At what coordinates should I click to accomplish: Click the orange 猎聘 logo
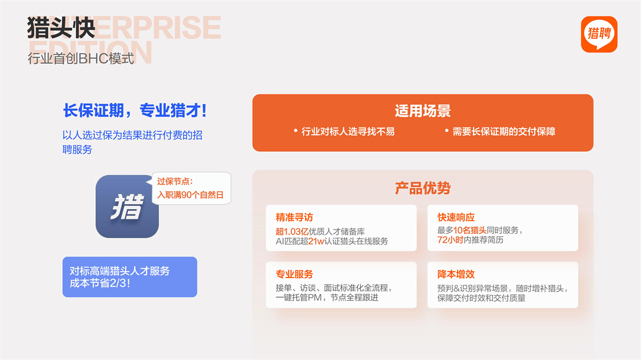tap(599, 34)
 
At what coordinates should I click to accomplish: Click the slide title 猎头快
tap(61, 28)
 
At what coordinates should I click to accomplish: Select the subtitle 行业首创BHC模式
tap(81, 59)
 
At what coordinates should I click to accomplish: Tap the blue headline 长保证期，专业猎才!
tap(135, 111)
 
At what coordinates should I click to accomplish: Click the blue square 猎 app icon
tap(127, 206)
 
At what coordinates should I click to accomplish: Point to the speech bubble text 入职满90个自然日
tap(190, 195)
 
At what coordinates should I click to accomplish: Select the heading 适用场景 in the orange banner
tap(423, 111)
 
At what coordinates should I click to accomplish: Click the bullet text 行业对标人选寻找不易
tap(348, 132)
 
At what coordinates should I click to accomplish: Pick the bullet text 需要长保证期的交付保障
tap(504, 132)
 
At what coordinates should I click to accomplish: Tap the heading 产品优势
tap(423, 188)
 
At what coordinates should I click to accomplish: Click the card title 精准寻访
tap(294, 217)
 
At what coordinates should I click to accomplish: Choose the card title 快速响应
tap(456, 217)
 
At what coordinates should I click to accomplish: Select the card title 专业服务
tap(294, 274)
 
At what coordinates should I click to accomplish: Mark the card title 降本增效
tap(456, 274)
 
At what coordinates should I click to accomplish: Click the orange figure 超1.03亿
tap(292, 231)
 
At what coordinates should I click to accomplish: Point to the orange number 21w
tap(316, 241)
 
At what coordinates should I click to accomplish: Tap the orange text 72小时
tap(450, 240)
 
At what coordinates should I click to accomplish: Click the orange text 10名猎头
tap(469, 230)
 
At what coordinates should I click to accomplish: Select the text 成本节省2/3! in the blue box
tap(100, 283)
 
